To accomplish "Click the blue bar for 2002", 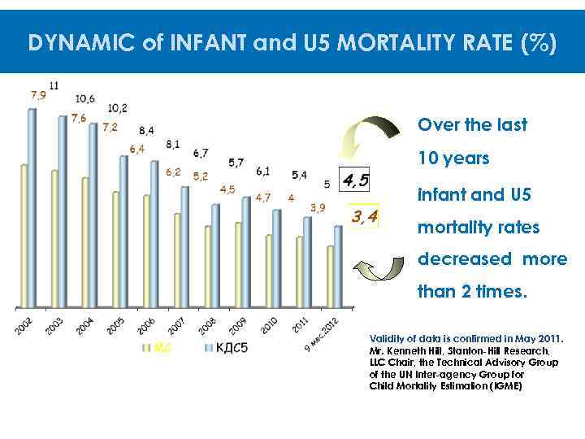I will click(32, 207).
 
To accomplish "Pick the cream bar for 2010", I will click(269, 272).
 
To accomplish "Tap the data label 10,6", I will click(84, 98).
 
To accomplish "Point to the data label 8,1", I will click(172, 144).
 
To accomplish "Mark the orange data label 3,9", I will click(318, 207).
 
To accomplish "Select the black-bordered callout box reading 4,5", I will click(355, 180).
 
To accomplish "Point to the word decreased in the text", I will click(464, 259).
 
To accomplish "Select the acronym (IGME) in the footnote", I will click(503, 386).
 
